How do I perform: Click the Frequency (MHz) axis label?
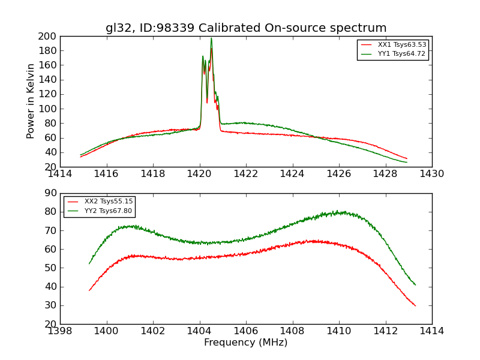pyautogui.click(x=246, y=343)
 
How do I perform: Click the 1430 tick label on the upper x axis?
pyautogui.click(x=431, y=174)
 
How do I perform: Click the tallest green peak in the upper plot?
pyautogui.click(x=211, y=38)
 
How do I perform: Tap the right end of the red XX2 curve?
pyautogui.click(x=415, y=305)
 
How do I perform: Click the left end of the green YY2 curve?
pyautogui.click(x=89, y=263)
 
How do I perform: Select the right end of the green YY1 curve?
pyautogui.click(x=407, y=162)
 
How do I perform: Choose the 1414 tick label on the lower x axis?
pyautogui.click(x=431, y=331)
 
